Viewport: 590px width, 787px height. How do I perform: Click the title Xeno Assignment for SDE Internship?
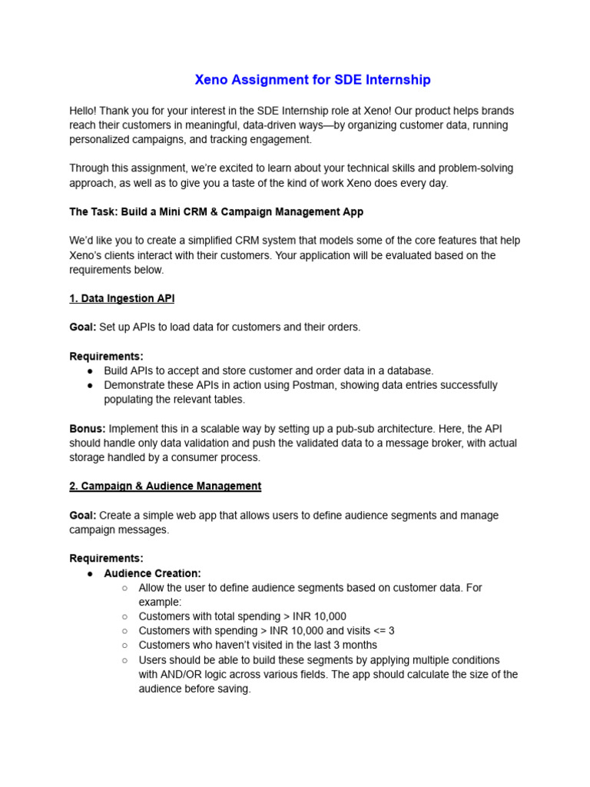click(312, 80)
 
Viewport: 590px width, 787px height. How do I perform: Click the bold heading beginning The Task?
click(216, 211)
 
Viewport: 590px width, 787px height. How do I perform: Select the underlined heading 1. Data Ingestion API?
click(121, 298)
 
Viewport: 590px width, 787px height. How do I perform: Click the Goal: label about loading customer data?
click(83, 327)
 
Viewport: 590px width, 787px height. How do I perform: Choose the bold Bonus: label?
click(88, 429)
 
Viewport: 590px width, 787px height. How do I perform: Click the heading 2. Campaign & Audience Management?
click(165, 486)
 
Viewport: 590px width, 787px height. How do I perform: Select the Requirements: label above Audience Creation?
click(106, 559)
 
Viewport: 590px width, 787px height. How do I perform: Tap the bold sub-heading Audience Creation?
click(152, 573)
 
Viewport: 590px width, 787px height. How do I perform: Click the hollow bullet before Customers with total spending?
click(124, 616)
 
